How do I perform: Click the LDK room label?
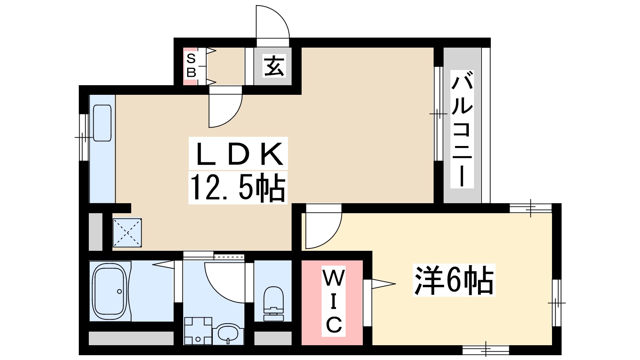[x=238, y=154]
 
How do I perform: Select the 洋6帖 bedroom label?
[x=454, y=280]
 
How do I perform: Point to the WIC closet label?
[x=334, y=302]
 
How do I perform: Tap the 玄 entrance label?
[x=274, y=66]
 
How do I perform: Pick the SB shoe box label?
[x=191, y=66]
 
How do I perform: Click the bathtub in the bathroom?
[x=110, y=291]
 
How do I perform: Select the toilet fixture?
[x=274, y=303]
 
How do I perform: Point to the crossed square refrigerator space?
[x=127, y=232]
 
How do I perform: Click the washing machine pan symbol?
[x=198, y=330]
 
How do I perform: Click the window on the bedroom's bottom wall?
[x=486, y=350]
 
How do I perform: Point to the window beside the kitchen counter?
[x=83, y=137]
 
